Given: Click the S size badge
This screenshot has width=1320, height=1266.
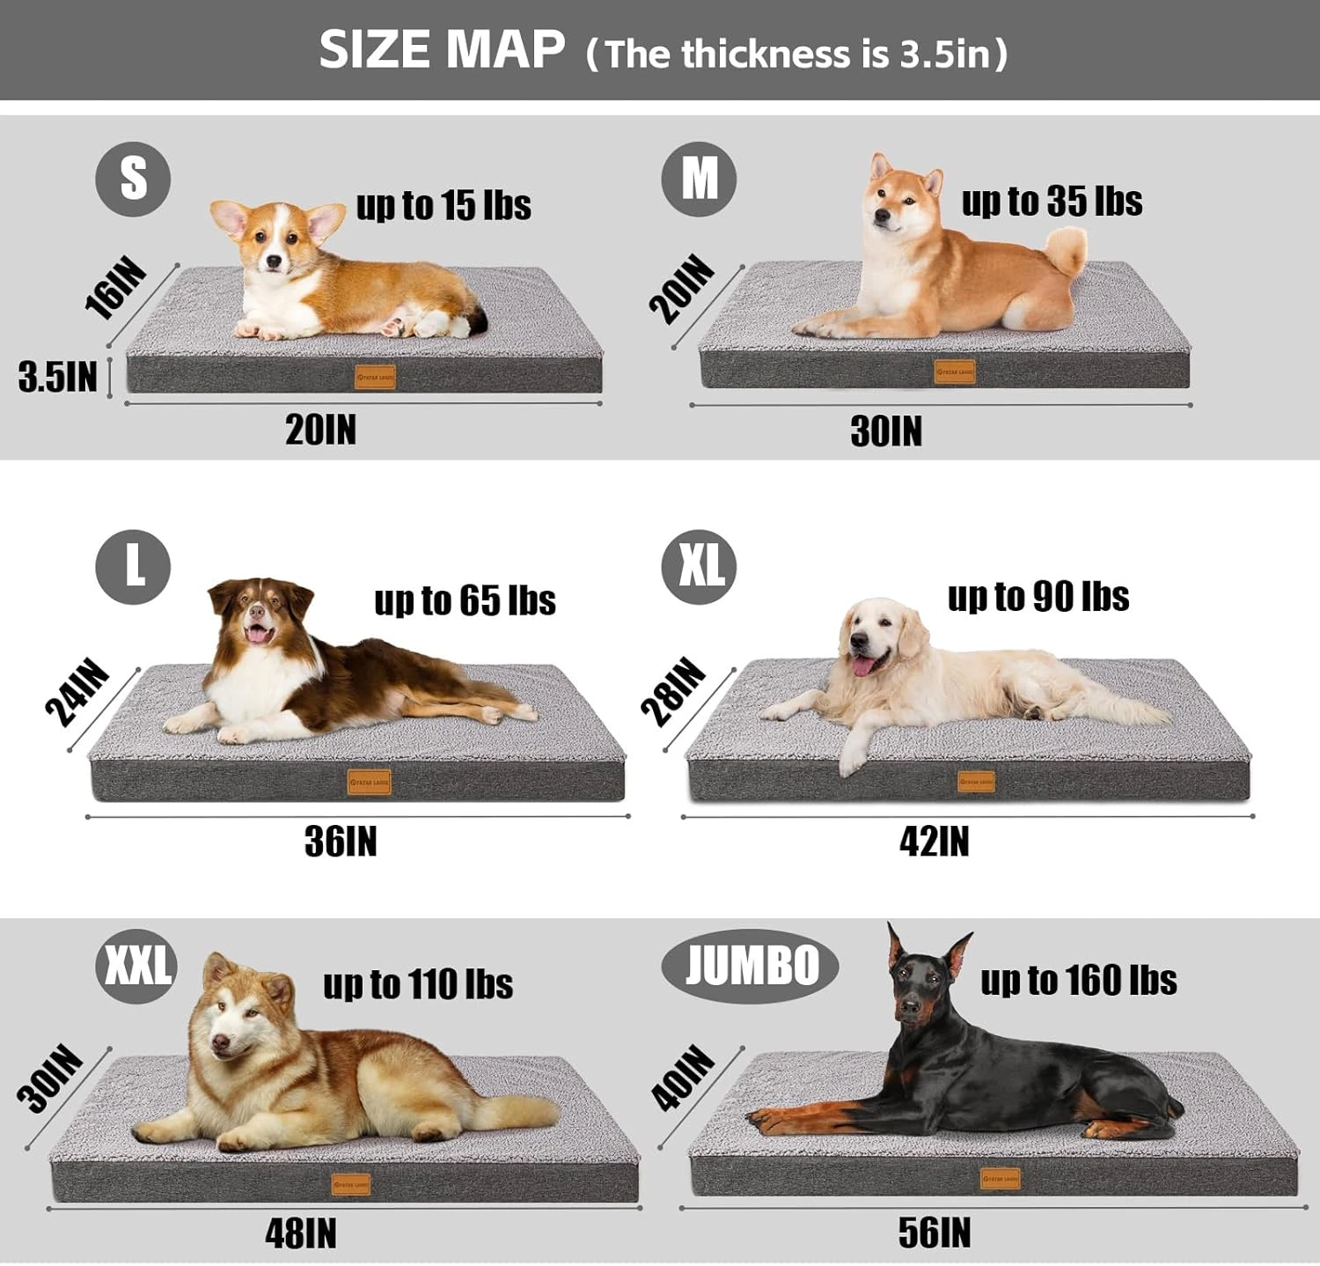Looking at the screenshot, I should [133, 179].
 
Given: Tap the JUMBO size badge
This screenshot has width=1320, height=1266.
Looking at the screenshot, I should [750, 966].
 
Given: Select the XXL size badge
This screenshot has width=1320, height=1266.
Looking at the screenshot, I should [136, 966].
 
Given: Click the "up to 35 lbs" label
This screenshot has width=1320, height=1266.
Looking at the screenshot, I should [1052, 202].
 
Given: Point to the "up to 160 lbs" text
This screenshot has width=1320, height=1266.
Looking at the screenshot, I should [1078, 980].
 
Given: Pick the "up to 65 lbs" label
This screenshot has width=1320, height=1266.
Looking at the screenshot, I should [465, 600].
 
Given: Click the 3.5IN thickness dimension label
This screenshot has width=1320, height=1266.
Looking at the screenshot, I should [58, 377].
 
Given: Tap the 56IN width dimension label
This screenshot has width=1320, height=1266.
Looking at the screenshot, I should [934, 1233].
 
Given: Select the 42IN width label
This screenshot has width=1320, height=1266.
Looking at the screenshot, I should [934, 842].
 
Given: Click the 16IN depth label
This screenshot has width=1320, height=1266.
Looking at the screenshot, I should [115, 287].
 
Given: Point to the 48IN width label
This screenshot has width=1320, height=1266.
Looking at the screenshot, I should [301, 1233].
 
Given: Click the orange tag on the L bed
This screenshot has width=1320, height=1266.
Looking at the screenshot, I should [370, 782].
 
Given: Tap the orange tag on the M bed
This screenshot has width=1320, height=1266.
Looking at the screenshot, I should [955, 372].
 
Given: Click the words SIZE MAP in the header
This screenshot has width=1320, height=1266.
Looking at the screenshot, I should [442, 49].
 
